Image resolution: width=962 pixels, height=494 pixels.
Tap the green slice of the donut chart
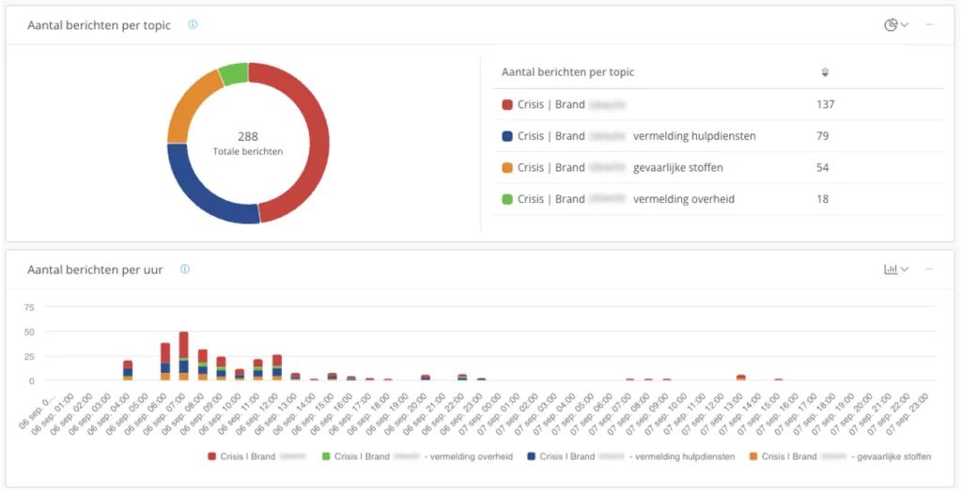[x=234, y=73]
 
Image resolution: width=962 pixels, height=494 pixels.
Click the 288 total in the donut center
[x=248, y=136]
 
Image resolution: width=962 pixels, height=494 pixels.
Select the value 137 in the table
[x=825, y=104]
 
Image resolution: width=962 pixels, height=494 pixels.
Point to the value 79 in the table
[x=822, y=136]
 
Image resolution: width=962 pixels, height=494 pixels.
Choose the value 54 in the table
[x=822, y=167]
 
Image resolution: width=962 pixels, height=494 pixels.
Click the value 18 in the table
[x=822, y=199]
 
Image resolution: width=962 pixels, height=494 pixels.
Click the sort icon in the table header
[x=825, y=72]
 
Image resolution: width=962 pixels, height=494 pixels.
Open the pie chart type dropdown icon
[x=895, y=24]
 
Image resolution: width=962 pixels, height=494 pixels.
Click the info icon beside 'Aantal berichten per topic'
[x=193, y=24]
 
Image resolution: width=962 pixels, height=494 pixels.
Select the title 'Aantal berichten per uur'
[x=95, y=270]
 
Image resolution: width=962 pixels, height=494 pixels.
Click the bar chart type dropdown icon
[x=895, y=270]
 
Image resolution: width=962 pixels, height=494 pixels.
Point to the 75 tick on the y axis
[x=29, y=307]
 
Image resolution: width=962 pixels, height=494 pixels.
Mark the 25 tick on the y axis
[x=29, y=357]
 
